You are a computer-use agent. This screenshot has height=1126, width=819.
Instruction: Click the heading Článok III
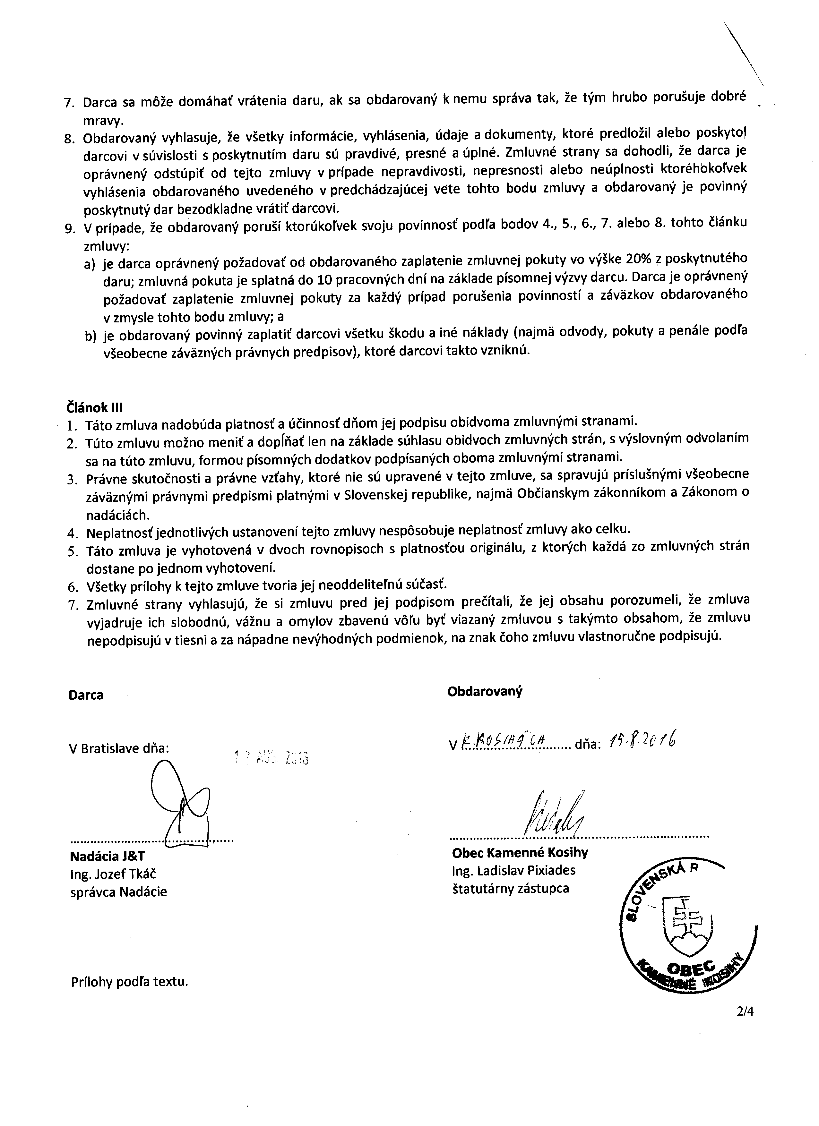tap(94, 408)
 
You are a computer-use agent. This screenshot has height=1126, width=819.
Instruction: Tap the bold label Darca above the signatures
tap(86, 695)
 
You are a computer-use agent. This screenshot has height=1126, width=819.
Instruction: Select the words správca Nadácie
tap(119, 892)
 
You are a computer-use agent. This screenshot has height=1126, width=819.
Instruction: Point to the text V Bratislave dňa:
tap(119, 748)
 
